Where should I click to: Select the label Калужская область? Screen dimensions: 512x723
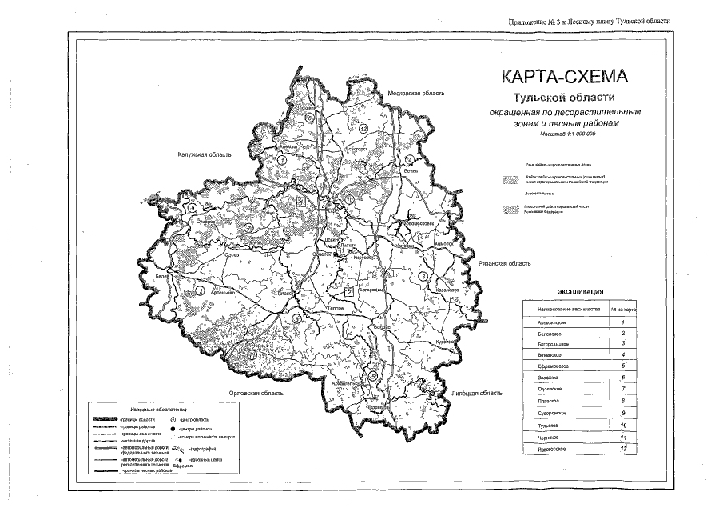(204, 154)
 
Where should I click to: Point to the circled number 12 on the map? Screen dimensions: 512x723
(363, 128)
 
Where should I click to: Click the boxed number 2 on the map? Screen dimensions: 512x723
(348, 291)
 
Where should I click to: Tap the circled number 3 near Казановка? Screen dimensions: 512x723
(420, 277)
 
